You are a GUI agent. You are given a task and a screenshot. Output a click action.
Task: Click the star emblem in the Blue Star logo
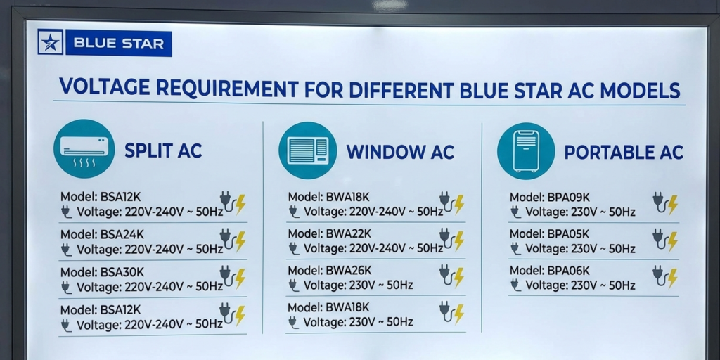coord(50,43)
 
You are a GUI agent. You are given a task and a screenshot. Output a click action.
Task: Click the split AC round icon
coord(84,149)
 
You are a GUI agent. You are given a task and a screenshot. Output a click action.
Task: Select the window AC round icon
coord(307,150)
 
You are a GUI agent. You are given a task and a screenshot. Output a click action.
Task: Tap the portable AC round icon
coord(526,150)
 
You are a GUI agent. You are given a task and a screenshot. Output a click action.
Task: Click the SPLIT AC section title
coord(163,150)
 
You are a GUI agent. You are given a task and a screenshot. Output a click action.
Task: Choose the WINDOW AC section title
coord(400,152)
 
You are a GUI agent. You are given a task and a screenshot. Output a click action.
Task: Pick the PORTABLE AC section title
coord(623,152)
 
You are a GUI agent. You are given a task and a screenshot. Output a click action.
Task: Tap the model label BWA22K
coord(350,233)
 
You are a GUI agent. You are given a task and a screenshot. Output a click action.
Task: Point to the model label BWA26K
coord(350,270)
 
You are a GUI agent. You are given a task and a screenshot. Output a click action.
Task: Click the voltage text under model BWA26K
coord(358,285)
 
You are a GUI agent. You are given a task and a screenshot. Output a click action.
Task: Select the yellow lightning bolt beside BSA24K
coord(240,240)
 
